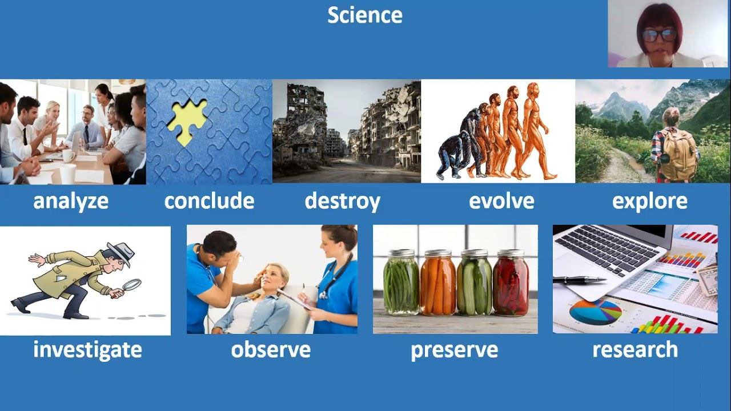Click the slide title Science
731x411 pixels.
coord(365,15)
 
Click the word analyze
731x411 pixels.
coord(71,201)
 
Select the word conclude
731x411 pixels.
coord(209,200)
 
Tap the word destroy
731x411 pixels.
coord(342,201)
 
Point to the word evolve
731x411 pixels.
coord(501,201)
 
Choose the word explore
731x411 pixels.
coord(650,202)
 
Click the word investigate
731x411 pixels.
coord(87,350)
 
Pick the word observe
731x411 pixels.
coord(271,350)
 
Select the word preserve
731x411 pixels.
coord(454,350)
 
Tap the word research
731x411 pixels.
coord(635,350)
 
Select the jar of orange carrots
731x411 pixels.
coord(438,283)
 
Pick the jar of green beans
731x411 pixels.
coord(401,283)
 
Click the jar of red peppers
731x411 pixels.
coord(511,283)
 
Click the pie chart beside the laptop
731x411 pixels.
coord(596,312)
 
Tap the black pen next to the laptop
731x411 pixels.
coord(580,280)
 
